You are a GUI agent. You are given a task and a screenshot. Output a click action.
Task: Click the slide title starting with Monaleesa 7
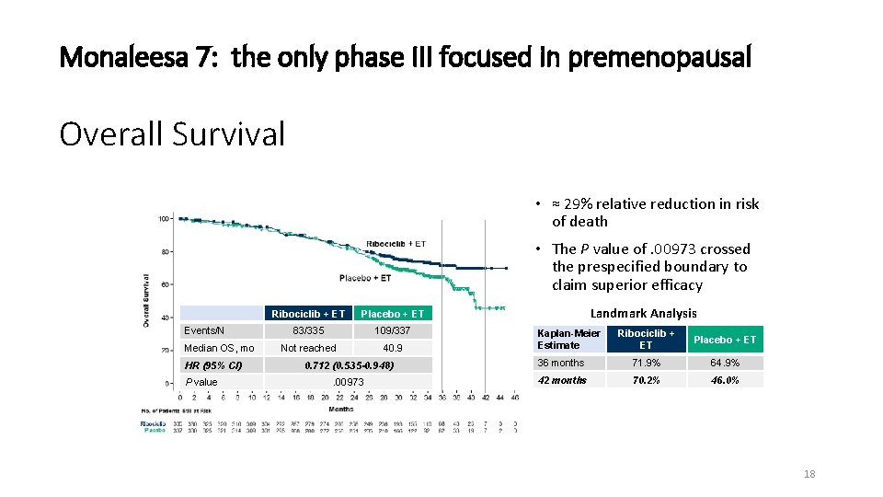click(x=405, y=58)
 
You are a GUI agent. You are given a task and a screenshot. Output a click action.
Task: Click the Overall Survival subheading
click(x=172, y=134)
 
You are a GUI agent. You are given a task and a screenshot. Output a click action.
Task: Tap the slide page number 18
click(x=808, y=474)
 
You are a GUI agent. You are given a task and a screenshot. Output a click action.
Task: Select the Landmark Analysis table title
click(x=643, y=314)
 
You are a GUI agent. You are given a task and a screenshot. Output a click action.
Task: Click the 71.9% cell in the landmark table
click(x=645, y=363)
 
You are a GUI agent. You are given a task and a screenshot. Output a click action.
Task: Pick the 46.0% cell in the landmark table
click(x=725, y=380)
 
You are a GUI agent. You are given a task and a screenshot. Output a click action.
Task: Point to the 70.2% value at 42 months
click(x=645, y=380)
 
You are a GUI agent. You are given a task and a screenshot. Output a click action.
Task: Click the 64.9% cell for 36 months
click(x=725, y=363)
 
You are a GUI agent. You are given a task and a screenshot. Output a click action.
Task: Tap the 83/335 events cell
click(x=308, y=330)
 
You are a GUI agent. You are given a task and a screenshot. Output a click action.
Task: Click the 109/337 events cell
click(x=393, y=330)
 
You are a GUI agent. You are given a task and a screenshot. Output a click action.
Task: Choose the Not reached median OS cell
click(x=308, y=348)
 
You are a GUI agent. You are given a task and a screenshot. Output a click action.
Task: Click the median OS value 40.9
click(x=393, y=348)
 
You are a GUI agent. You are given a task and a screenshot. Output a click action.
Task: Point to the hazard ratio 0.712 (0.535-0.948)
click(x=349, y=365)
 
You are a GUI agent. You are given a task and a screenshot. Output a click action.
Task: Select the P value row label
click(x=201, y=382)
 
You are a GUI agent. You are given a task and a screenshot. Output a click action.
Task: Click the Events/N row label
click(x=204, y=330)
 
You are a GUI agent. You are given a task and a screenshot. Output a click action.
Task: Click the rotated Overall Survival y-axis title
click(x=146, y=299)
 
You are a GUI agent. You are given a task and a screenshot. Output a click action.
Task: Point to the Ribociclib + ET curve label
click(x=396, y=244)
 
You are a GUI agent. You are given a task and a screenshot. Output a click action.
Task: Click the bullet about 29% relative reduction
click(x=655, y=213)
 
